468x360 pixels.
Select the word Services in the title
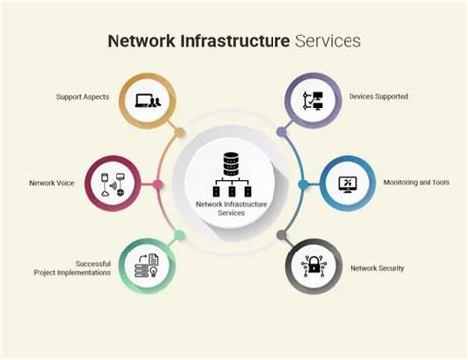[329, 41]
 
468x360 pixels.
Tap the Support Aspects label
[83, 97]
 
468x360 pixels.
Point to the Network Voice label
[50, 183]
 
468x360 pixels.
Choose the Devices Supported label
[378, 97]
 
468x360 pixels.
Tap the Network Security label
[378, 267]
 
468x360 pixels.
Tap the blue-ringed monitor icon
[349, 183]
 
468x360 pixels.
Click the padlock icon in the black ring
[314, 267]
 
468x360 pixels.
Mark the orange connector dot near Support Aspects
[180, 131]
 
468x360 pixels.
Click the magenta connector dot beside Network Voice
[158, 184]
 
